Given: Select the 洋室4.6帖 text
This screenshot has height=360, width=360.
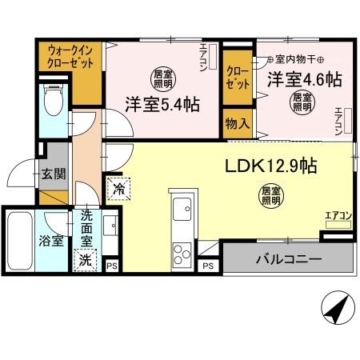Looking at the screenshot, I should point(304,79).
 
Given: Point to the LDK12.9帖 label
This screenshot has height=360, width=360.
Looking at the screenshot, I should point(270,166).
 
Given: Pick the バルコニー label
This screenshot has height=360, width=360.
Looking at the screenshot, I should point(289,259).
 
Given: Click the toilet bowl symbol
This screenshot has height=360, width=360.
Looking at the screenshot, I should point(54,102).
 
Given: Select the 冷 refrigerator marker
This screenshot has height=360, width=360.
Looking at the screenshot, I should point(118,189).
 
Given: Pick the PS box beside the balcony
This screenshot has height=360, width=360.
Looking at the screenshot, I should point(208,266).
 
